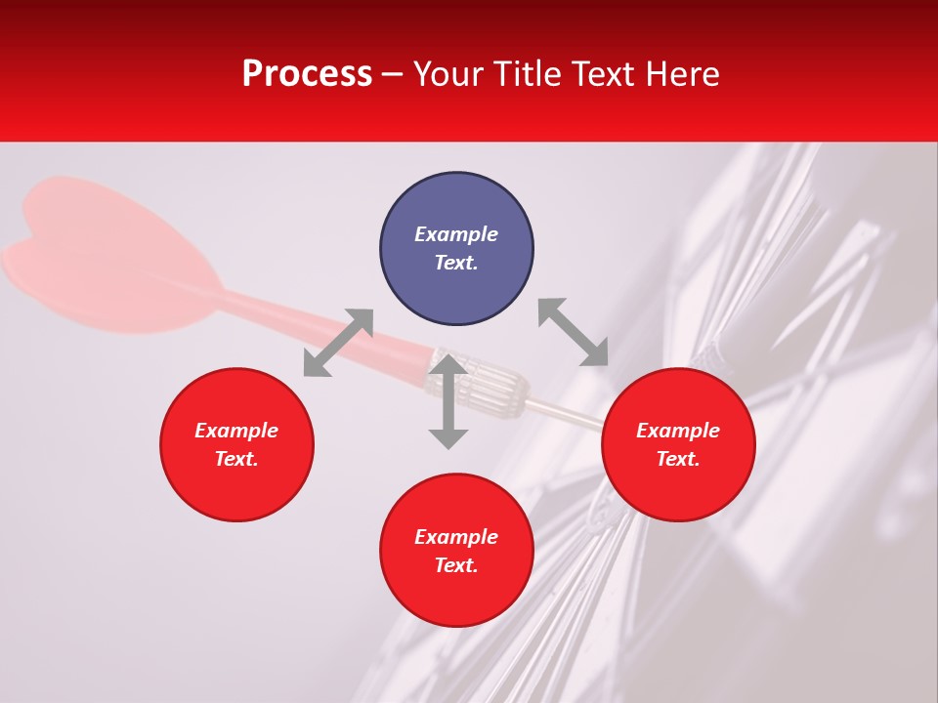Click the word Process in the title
point(307,74)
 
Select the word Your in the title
point(448,74)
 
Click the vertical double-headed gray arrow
point(448,402)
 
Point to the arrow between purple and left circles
point(338,343)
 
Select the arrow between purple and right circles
point(574,332)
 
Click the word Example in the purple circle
point(456,234)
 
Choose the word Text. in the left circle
point(236,459)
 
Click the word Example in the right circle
point(678,431)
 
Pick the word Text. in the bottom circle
point(456,565)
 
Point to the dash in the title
point(392,75)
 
